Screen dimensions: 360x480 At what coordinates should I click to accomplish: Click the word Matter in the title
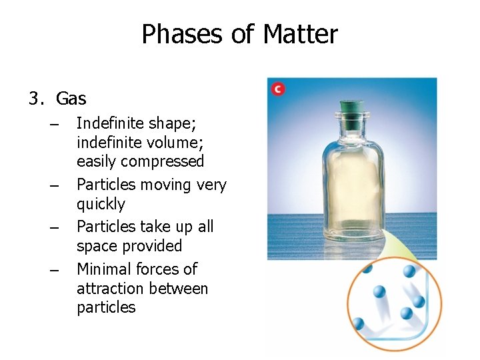(301, 34)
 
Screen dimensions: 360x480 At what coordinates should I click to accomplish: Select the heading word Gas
(71, 99)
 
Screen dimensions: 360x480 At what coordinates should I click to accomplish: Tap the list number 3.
(35, 99)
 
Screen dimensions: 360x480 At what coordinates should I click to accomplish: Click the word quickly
(101, 204)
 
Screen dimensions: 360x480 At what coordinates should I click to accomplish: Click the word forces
(161, 269)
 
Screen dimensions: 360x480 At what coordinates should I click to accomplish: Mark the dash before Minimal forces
(55, 270)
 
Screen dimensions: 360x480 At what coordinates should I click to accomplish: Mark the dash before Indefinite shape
(55, 125)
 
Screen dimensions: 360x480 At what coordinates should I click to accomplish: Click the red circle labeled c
(277, 88)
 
